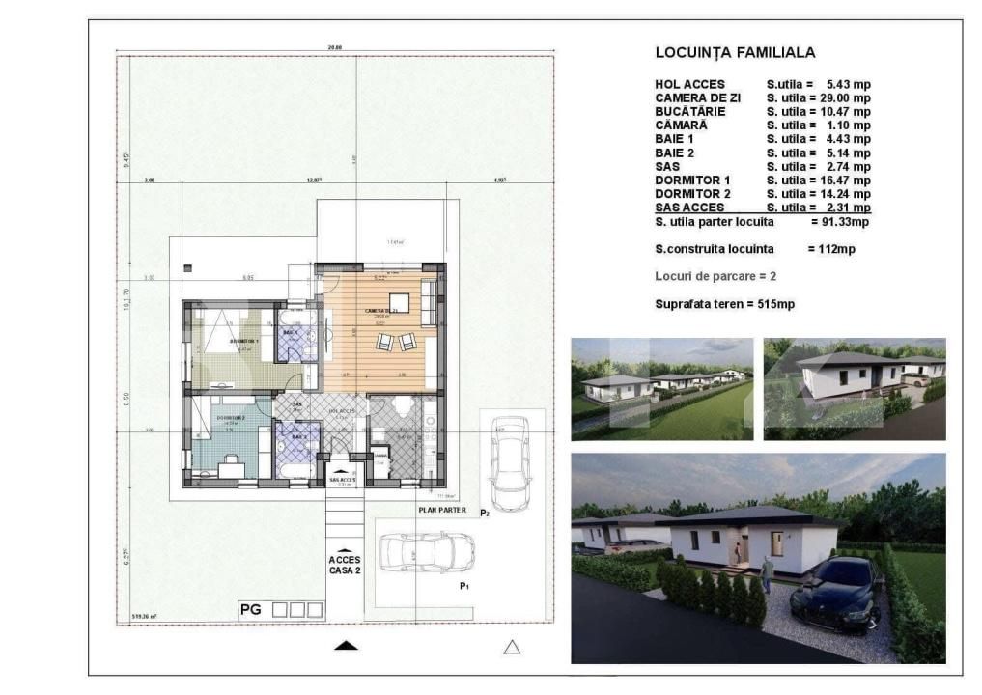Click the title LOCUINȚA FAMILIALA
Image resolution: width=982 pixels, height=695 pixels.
coord(735,53)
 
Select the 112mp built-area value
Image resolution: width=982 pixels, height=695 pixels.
coord(829,249)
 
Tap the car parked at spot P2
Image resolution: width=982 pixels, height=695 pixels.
coord(510,463)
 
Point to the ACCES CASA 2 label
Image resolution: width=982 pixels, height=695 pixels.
coord(345,565)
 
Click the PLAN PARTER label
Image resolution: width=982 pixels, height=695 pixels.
coord(442,510)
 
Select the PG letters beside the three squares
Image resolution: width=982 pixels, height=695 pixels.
coord(251,610)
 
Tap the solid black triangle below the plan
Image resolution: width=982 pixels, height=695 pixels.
coord(347,645)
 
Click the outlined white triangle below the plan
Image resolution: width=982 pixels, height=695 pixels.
coord(512,647)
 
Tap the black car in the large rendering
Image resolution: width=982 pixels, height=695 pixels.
coord(837,592)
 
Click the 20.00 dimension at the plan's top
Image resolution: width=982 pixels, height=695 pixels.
coord(335,47)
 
